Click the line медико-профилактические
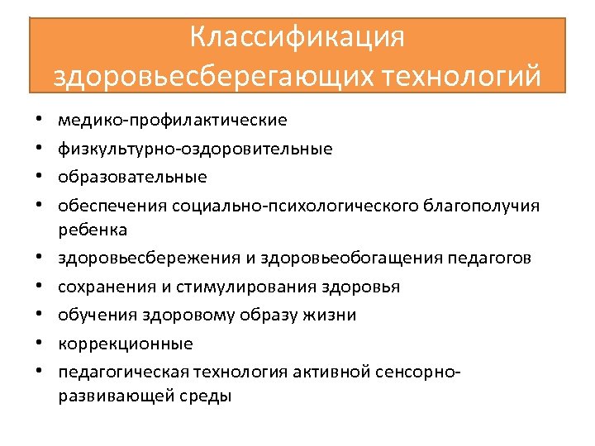(x=173, y=121)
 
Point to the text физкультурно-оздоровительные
(x=195, y=149)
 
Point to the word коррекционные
(x=126, y=343)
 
